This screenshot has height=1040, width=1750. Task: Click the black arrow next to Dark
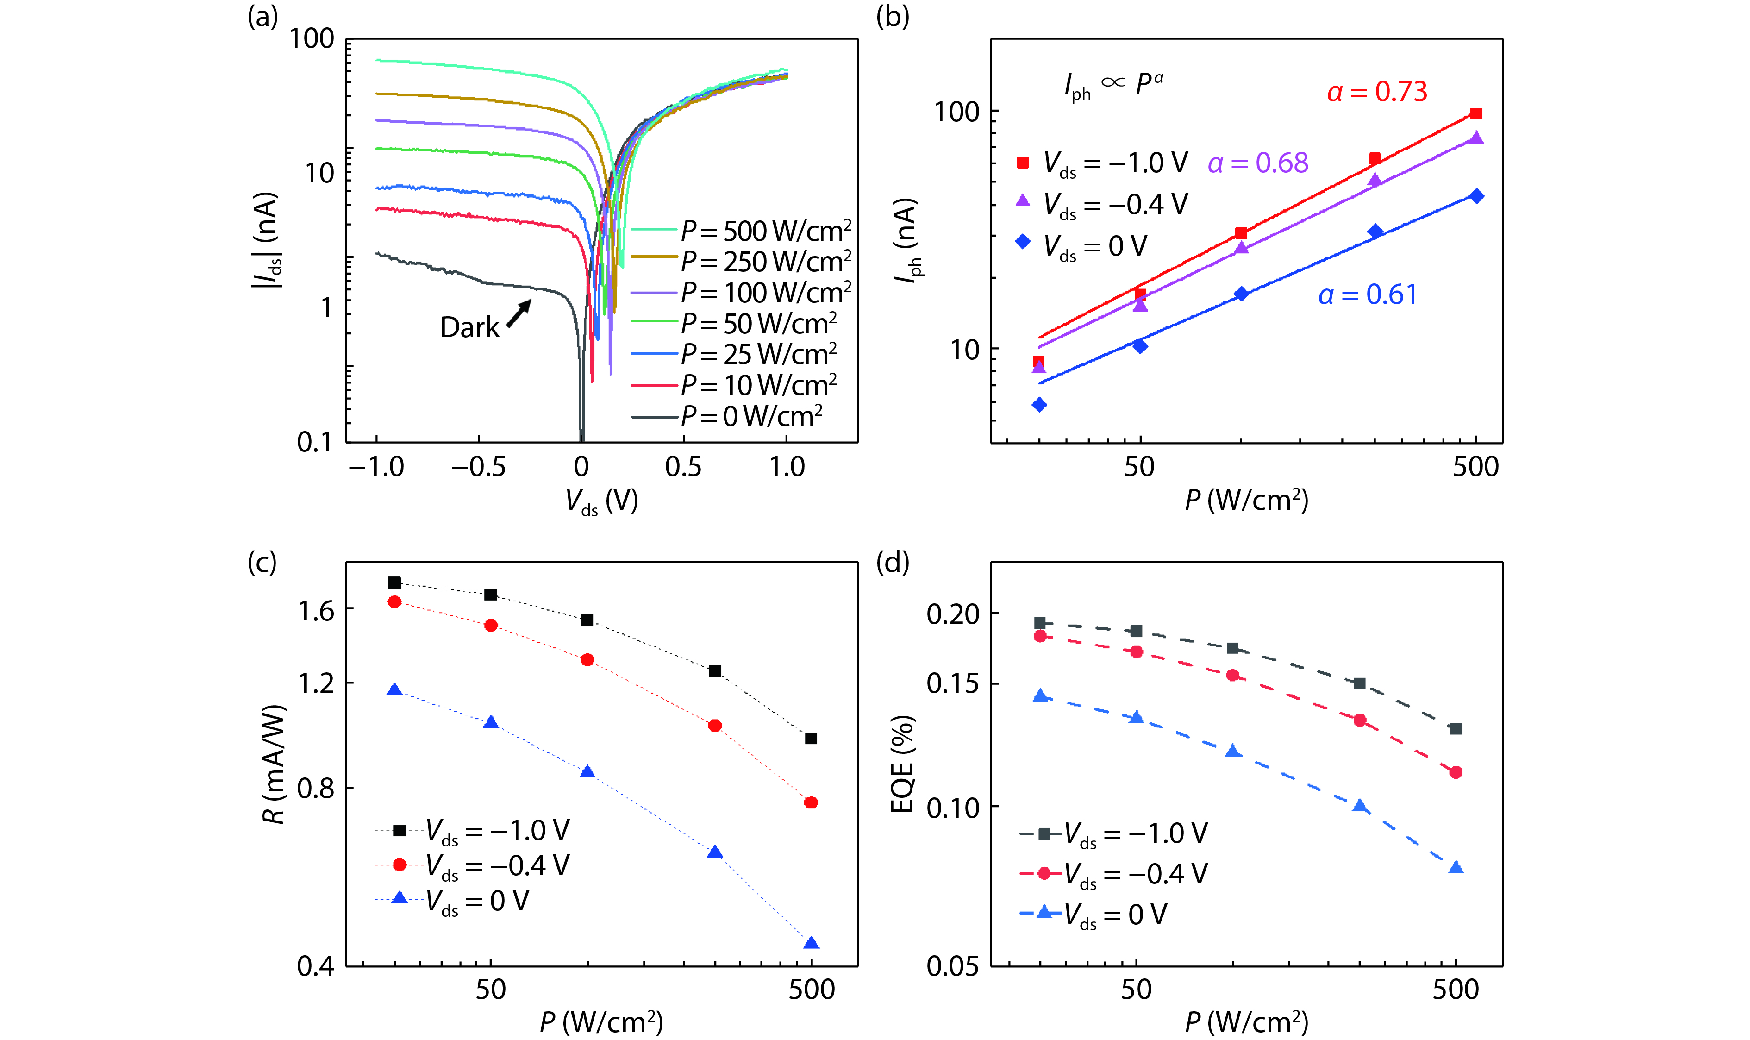(519, 313)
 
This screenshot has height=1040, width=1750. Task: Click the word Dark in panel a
(469, 327)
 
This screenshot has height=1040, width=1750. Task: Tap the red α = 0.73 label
(1376, 92)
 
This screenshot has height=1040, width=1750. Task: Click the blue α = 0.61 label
(1368, 294)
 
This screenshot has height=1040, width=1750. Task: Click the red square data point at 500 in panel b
(1476, 113)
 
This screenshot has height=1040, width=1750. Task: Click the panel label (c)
(262, 562)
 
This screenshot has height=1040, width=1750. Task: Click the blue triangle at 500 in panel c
(811, 943)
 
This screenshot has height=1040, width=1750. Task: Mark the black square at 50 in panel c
(491, 595)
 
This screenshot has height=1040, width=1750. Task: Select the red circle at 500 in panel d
(1456, 772)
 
